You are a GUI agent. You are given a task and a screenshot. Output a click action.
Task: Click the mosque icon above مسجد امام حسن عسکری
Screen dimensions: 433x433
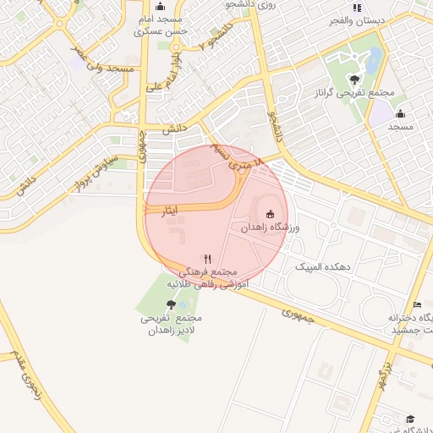pos(165,6)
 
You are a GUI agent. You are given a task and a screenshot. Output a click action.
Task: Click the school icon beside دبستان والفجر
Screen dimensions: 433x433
pos(356,8)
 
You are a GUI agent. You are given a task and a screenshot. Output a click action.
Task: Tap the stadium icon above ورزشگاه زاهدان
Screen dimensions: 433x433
pos(270,214)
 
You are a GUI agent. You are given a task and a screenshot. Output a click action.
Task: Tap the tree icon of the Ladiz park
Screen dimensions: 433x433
pos(172,304)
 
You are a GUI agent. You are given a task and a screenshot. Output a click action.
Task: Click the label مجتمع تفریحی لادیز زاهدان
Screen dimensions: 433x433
pos(172,324)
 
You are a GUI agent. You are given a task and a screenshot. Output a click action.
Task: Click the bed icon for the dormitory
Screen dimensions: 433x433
pos(416,304)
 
